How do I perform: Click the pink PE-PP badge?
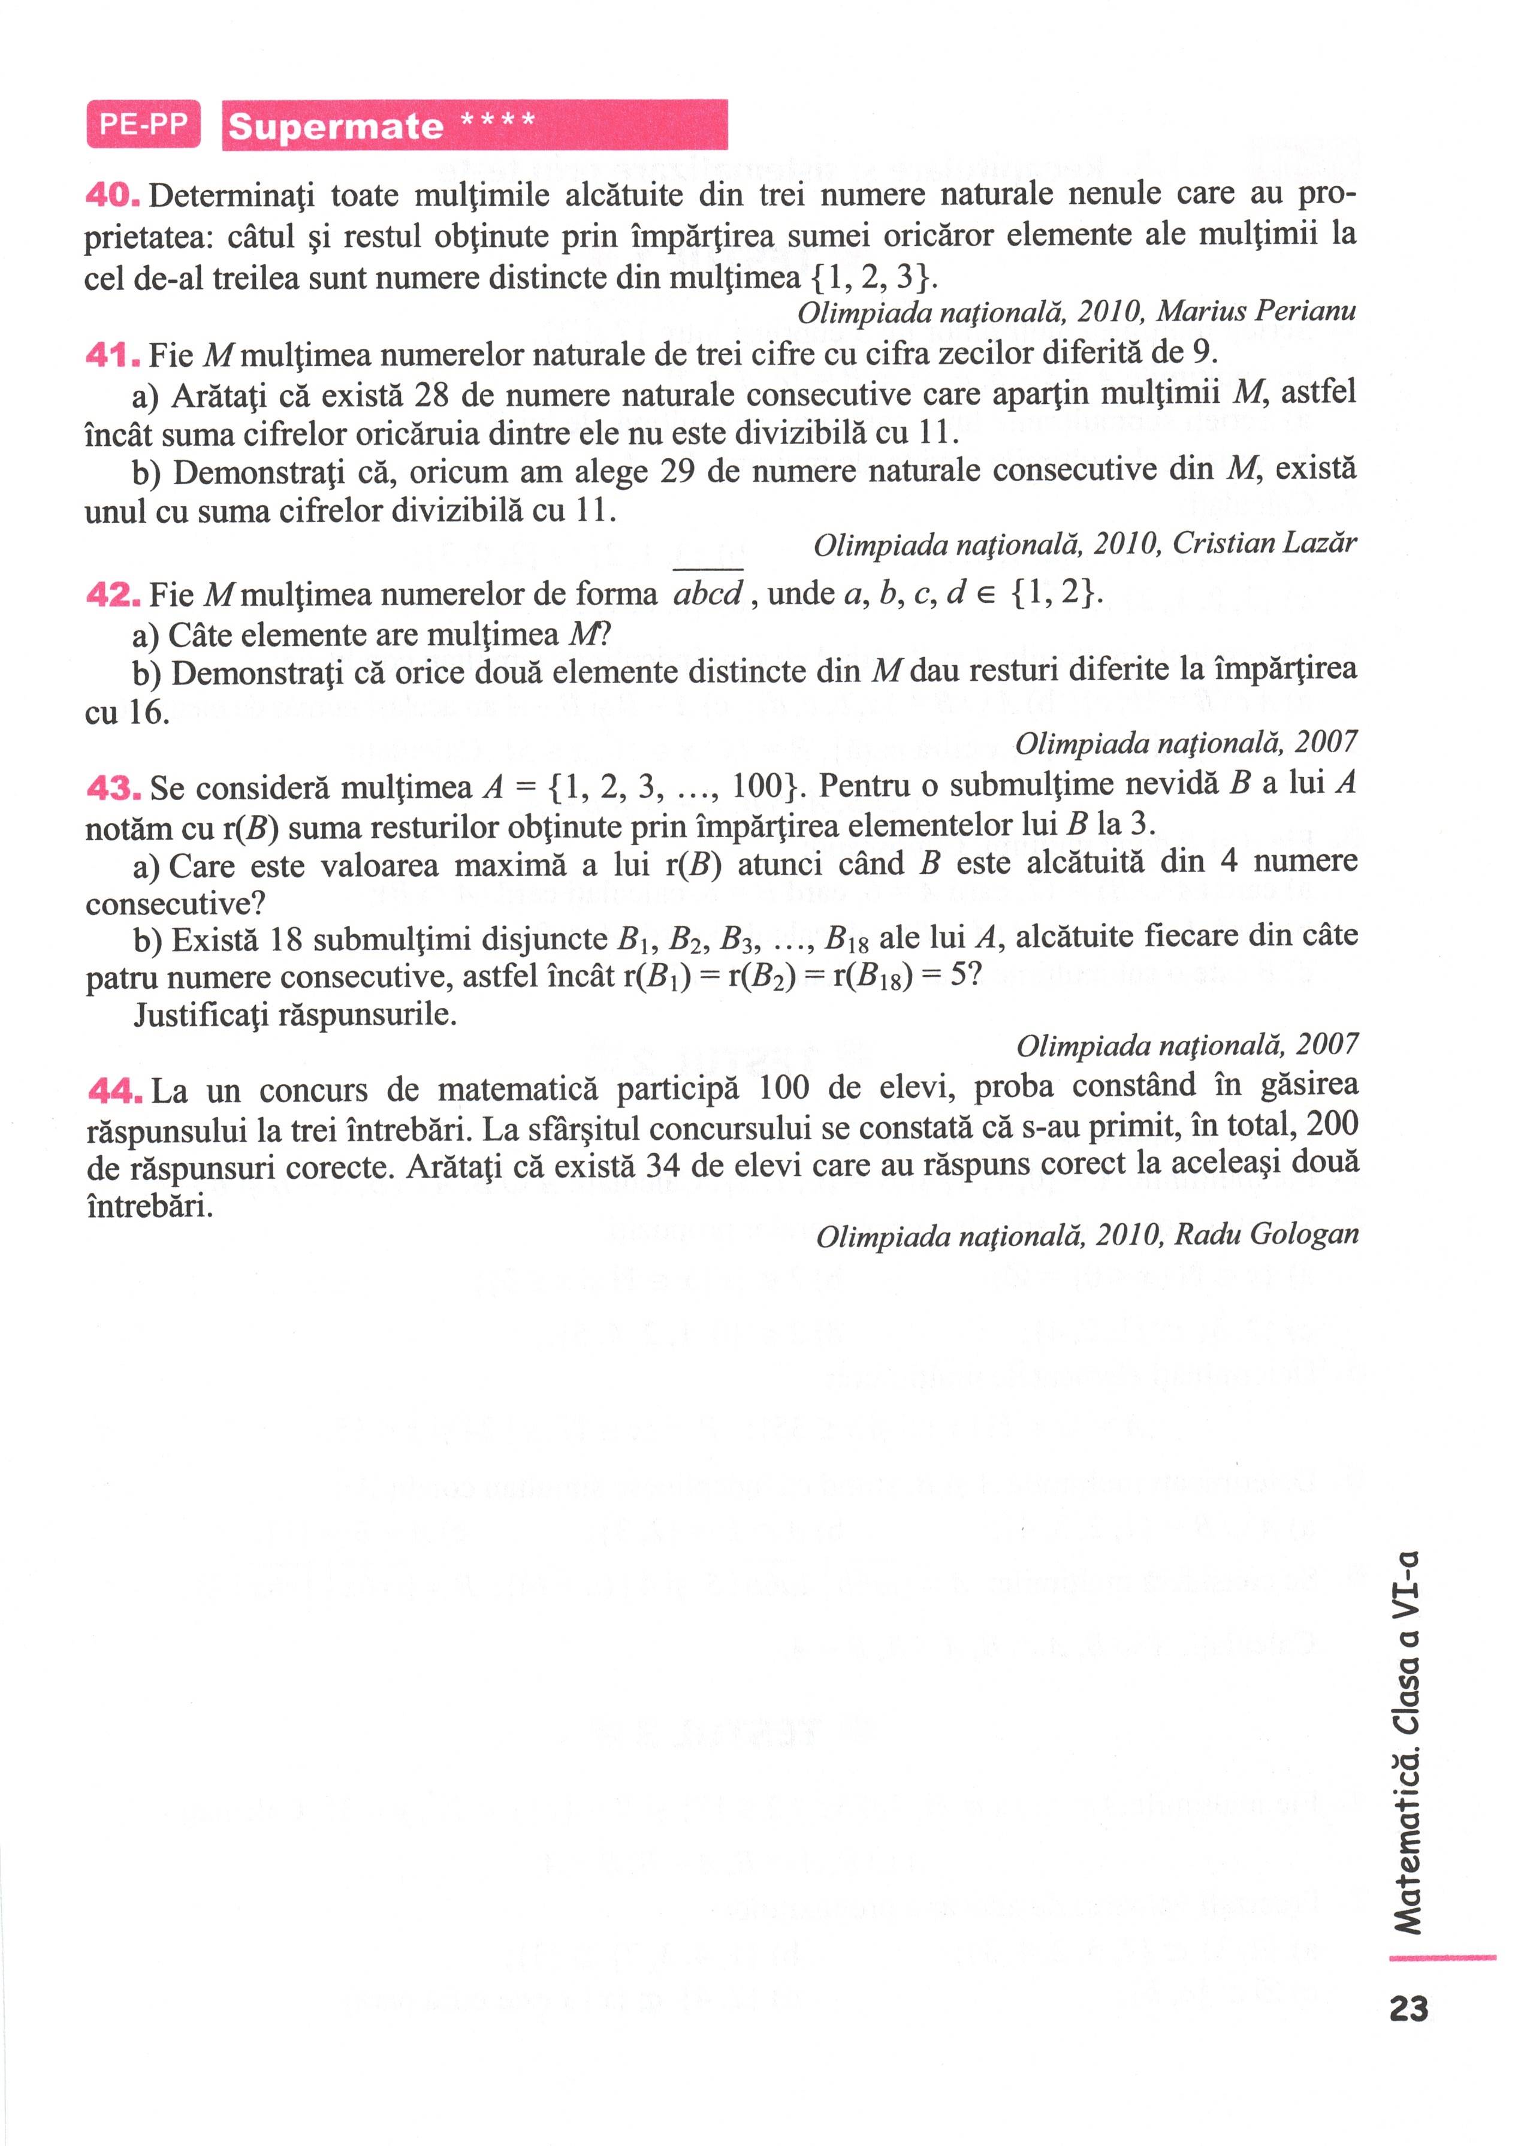click(x=143, y=124)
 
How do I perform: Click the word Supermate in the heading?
click(x=336, y=126)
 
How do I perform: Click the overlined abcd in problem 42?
click(x=708, y=594)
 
